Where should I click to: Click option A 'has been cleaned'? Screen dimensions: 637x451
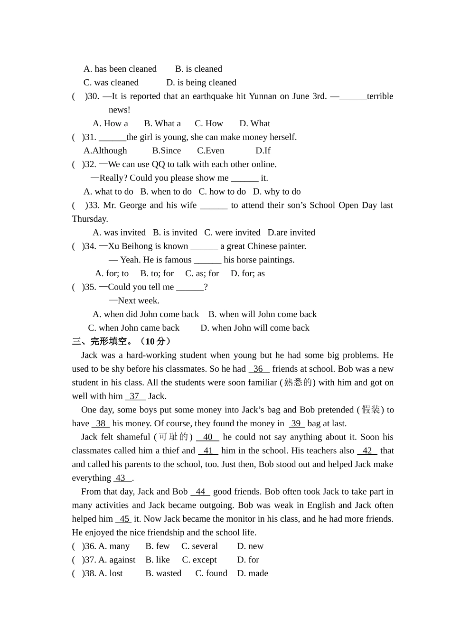point(120,69)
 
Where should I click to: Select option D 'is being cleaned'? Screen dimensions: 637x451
point(201,83)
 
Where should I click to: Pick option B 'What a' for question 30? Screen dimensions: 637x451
point(162,123)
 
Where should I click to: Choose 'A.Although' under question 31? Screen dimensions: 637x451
point(105,151)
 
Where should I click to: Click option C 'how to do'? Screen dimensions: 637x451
point(222,192)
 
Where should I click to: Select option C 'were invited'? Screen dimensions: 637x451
point(232,233)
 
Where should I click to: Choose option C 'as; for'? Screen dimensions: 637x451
point(202,273)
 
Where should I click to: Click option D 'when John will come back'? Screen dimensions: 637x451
point(254,328)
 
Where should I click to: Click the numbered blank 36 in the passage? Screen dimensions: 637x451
point(259,369)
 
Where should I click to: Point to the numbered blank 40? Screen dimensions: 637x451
point(208,437)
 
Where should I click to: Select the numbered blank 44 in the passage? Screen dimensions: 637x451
point(200,492)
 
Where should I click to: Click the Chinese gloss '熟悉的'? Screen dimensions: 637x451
point(298,383)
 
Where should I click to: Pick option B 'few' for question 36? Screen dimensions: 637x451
point(158,546)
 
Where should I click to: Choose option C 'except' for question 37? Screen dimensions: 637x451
point(199,560)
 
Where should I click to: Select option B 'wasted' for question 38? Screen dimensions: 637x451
point(163,573)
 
